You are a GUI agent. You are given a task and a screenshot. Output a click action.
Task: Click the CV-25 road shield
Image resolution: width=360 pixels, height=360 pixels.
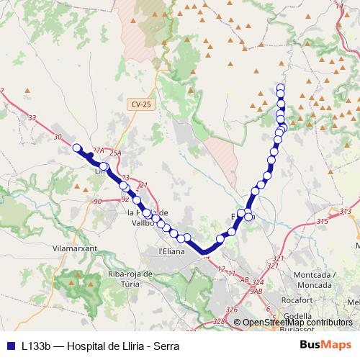coord(141,104)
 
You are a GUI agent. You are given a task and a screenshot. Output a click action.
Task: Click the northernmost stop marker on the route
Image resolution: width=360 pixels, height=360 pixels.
coord(281,89)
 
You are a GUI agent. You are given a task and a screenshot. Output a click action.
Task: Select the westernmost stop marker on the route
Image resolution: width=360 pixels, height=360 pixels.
coord(76,148)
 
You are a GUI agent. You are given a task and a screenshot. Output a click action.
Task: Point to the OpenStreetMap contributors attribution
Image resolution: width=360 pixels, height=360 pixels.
coord(297,323)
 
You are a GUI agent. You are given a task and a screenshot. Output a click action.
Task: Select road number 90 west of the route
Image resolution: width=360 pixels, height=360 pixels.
coord(98,202)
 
